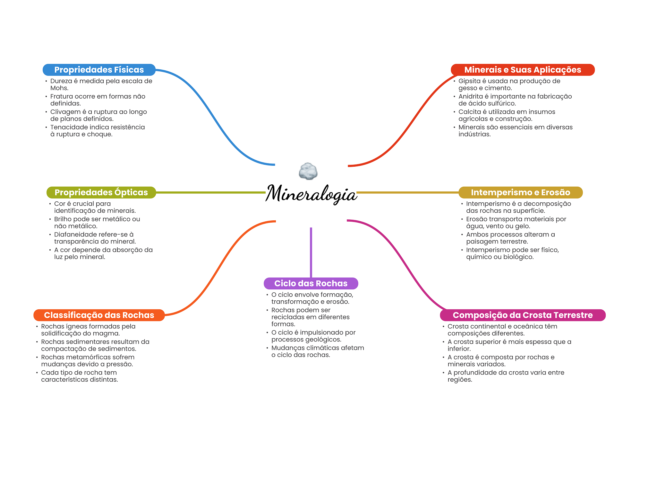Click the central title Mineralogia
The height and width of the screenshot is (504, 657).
coord(311,194)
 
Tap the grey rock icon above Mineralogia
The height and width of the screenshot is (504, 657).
coord(308,171)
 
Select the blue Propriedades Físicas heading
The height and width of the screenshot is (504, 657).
coord(99,70)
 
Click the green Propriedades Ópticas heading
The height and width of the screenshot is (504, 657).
coord(101,192)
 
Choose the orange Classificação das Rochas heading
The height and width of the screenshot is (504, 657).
coord(99,315)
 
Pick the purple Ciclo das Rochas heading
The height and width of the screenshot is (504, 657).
coord(311,283)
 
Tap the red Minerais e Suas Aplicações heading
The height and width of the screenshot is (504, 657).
coord(523,70)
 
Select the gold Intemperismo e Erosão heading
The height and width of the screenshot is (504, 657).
coord(520,192)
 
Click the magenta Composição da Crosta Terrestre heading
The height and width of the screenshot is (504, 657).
coord(523,315)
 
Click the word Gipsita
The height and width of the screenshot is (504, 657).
coord(470,81)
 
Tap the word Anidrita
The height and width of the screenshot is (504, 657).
coord(471,96)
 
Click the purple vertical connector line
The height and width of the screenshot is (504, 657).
coord(311,252)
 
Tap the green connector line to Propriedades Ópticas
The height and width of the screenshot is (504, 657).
coord(211,192)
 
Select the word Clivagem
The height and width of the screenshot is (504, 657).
coord(65,112)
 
